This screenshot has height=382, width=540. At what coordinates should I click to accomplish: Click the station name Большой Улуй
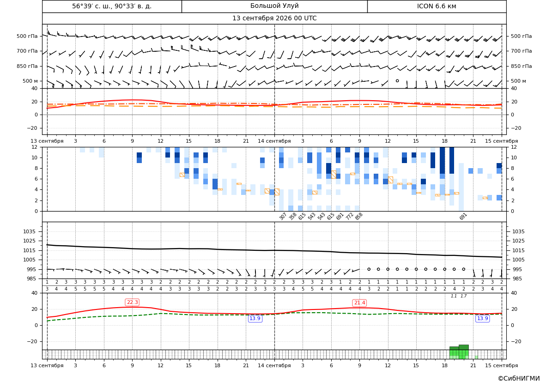(x=274, y=6)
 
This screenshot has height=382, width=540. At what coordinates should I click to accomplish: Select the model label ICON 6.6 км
(x=437, y=6)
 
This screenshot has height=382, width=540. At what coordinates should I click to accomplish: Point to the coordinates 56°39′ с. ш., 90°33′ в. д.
(x=112, y=6)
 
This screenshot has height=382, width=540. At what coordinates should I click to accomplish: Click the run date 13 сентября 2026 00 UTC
(x=274, y=18)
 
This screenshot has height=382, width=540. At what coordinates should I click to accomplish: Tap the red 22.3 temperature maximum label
(x=132, y=303)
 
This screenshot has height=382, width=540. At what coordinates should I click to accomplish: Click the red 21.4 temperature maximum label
(x=359, y=303)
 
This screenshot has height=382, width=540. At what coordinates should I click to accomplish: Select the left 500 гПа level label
(x=27, y=36)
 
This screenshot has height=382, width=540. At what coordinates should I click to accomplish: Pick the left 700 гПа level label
(x=27, y=51)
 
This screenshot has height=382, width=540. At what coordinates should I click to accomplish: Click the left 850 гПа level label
(x=27, y=66)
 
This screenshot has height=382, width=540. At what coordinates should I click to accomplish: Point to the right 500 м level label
(x=518, y=81)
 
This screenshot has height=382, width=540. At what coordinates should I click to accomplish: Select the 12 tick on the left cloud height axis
(x=35, y=147)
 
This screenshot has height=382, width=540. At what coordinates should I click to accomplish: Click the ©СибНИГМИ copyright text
(x=519, y=378)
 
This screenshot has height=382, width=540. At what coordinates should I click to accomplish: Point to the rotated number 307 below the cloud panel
(x=283, y=217)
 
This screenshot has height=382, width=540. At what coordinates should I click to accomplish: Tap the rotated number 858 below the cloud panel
(x=359, y=217)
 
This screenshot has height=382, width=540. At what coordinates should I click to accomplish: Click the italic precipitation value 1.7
(x=463, y=296)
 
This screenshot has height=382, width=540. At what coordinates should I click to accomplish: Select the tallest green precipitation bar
(x=463, y=352)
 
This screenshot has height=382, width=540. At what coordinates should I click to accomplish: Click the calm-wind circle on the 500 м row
(x=397, y=81)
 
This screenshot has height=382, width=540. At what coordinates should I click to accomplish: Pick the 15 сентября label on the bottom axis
(x=502, y=365)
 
